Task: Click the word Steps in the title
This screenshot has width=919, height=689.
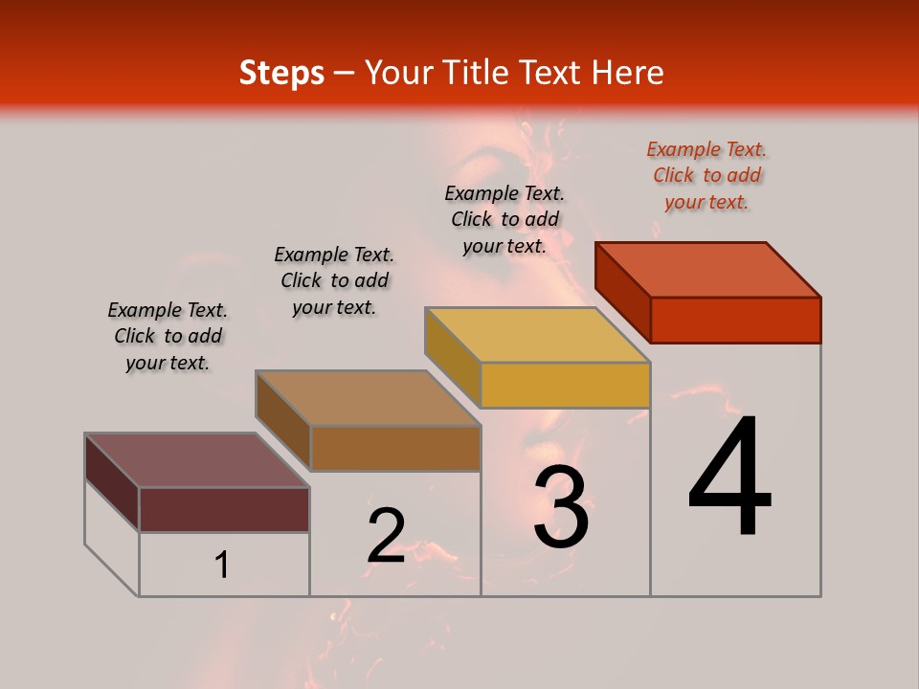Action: [281, 73]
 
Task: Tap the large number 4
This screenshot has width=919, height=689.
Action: [729, 478]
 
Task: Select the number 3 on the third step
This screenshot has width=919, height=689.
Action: [561, 508]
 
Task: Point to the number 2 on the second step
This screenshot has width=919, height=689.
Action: [386, 535]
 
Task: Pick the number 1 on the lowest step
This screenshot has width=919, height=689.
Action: [221, 566]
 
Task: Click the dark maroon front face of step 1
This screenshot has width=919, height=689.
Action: [224, 509]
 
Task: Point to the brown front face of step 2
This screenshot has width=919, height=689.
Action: [395, 448]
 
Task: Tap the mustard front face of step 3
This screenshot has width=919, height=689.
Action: [565, 385]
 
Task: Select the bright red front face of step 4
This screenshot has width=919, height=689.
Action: [735, 320]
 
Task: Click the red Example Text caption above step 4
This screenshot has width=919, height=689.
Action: [706, 175]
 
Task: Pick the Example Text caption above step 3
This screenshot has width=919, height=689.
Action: [504, 219]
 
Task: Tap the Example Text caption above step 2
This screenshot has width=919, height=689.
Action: [334, 280]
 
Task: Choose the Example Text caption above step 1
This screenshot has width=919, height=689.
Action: [168, 336]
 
